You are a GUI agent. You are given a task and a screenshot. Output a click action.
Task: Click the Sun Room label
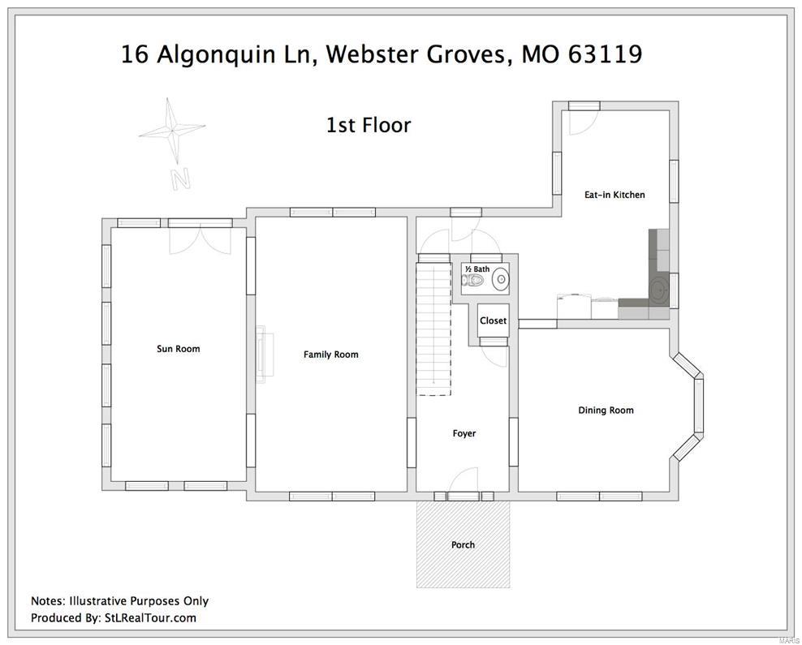point(178,349)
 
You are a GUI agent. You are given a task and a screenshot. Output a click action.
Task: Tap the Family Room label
point(330,355)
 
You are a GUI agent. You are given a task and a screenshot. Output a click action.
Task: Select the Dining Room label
point(606,411)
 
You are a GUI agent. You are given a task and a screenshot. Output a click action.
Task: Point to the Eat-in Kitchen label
point(614,195)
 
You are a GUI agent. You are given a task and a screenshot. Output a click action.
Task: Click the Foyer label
point(464,433)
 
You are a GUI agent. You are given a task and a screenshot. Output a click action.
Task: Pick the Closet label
point(493,320)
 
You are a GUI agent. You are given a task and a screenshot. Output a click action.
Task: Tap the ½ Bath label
point(476,269)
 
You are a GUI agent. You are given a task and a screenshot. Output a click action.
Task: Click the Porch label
point(463,544)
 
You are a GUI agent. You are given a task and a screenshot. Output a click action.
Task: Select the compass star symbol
point(172,129)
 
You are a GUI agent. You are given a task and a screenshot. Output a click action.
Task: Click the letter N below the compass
point(180,178)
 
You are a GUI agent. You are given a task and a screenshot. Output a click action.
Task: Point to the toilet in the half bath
point(472,282)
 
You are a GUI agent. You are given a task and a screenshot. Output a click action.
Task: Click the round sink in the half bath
point(501,280)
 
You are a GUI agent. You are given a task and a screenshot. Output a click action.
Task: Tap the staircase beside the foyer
point(433,328)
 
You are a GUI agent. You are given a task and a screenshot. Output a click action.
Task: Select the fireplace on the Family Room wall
point(264,354)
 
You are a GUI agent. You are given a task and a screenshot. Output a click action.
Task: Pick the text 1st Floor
point(368,125)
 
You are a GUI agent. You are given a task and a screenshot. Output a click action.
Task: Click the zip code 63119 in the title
point(605,54)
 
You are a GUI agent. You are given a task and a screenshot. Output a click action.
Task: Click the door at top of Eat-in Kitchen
point(582,121)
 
